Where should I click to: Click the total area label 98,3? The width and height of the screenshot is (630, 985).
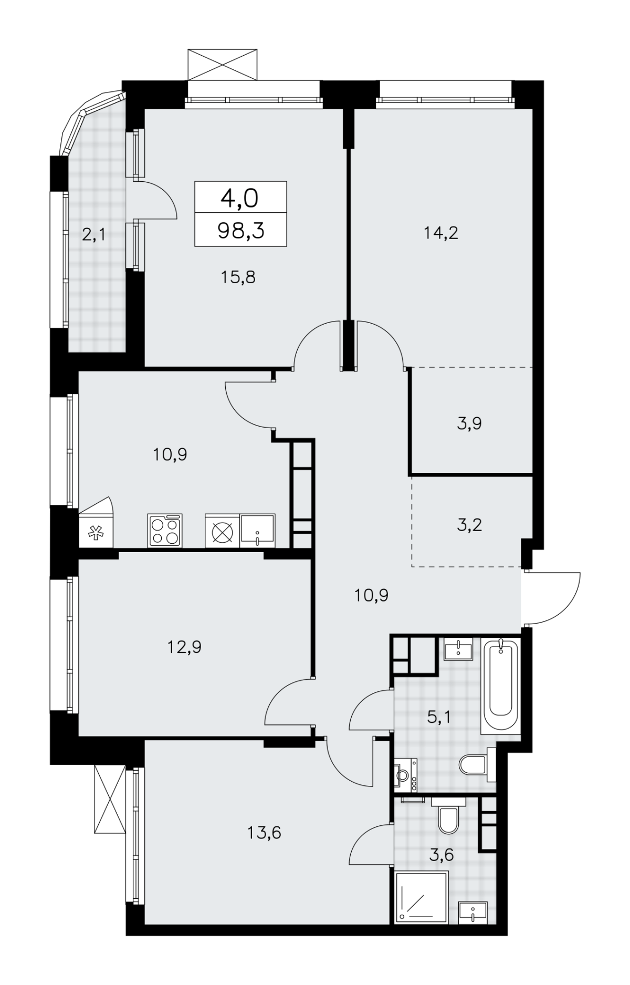click(240, 230)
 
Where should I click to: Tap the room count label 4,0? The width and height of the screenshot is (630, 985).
click(240, 199)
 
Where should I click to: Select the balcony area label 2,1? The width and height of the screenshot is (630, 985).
click(94, 234)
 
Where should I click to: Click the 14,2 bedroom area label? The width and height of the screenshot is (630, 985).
click(441, 232)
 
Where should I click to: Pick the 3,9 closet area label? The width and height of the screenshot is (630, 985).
click(469, 423)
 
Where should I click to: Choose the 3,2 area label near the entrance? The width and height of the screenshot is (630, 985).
click(469, 524)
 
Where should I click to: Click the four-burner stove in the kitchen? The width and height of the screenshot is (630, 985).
click(165, 531)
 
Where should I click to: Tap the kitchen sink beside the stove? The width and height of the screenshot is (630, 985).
click(257, 531)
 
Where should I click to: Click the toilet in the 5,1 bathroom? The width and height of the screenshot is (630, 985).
click(477, 764)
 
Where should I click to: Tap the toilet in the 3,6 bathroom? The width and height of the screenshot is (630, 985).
click(449, 815)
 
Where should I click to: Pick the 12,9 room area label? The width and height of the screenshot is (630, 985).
click(185, 647)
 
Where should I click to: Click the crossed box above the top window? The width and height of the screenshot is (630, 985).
click(223, 65)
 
